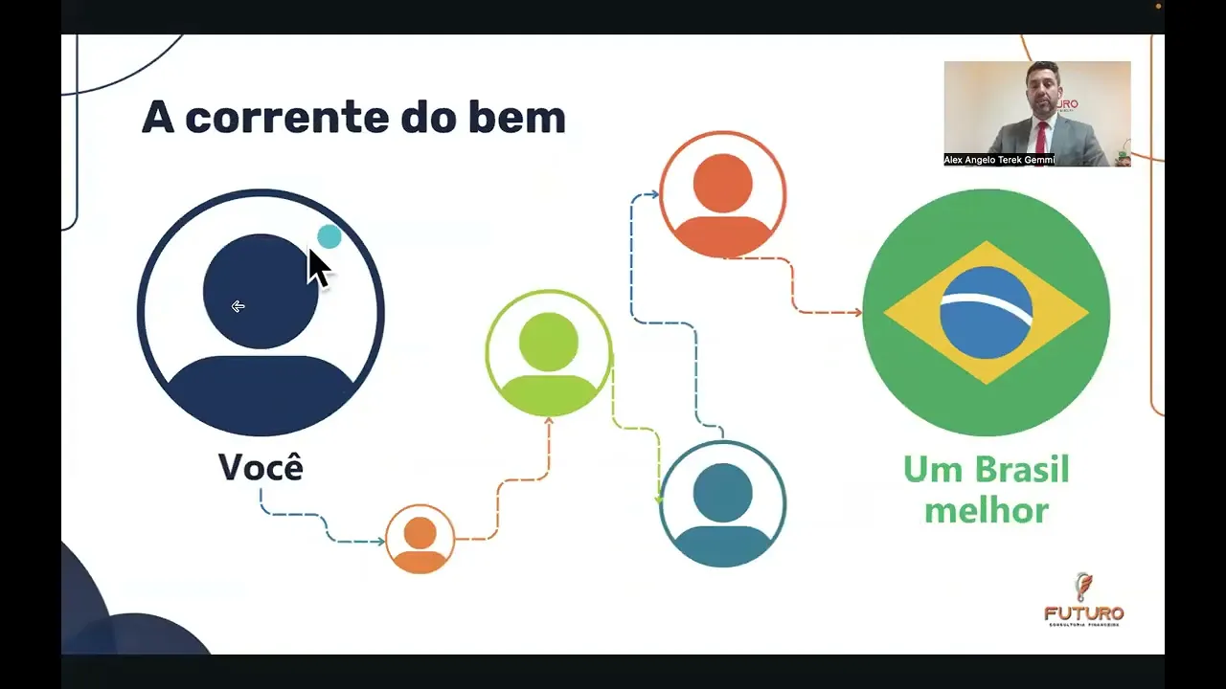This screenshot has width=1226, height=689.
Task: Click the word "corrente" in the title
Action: click(284, 118)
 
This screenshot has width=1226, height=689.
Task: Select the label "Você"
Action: click(261, 467)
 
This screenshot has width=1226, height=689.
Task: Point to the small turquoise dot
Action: click(329, 236)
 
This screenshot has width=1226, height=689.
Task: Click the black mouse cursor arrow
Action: click(317, 267)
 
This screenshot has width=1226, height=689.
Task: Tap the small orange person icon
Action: click(420, 539)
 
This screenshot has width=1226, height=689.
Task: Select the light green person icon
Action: click(549, 353)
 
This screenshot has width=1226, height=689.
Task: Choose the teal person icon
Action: click(722, 504)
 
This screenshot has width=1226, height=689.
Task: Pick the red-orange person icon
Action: click(722, 194)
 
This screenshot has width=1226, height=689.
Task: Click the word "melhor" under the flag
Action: click(986, 510)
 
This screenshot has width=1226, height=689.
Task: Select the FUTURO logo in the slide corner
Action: click(1083, 600)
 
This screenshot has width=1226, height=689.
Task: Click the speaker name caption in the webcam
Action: click(998, 160)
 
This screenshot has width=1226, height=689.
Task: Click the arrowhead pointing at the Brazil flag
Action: click(856, 312)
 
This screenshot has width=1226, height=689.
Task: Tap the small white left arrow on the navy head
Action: click(238, 306)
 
